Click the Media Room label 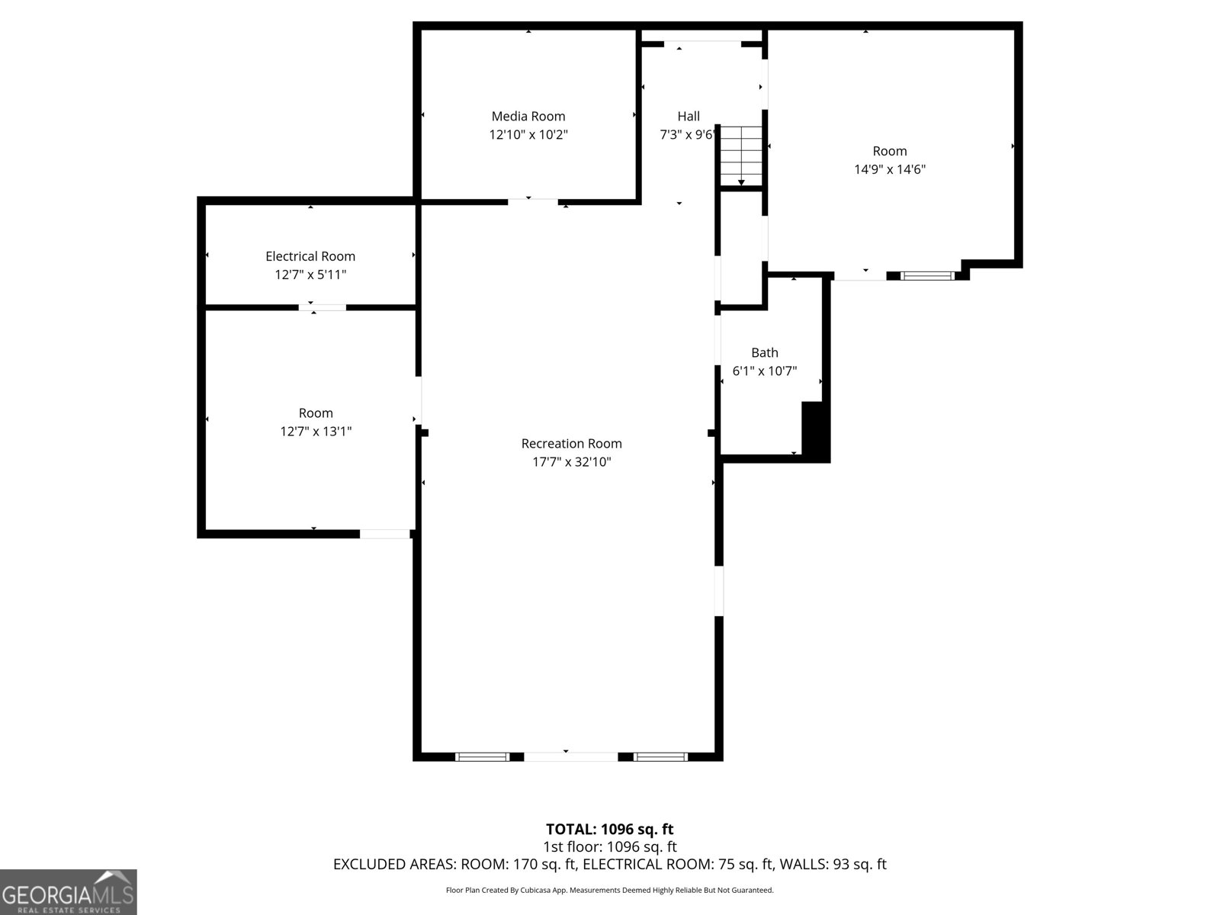tap(528, 116)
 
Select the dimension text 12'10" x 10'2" tap(528, 135)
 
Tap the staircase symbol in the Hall tap(742, 156)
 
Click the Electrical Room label tap(310, 256)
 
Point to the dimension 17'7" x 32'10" tap(572, 462)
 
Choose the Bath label tap(765, 352)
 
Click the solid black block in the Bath tap(814, 431)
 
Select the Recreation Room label tap(572, 443)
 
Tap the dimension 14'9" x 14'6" tap(890, 169)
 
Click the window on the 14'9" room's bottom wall tap(928, 275)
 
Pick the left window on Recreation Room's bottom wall tap(482, 756)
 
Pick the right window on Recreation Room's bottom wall tap(660, 756)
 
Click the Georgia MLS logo tap(68, 892)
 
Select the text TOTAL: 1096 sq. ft tap(610, 829)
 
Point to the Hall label tap(689, 116)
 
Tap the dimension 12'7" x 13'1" tap(316, 432)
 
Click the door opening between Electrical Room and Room tap(322, 307)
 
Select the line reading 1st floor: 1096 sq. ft tap(610, 846)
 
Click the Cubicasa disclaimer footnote tap(610, 890)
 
